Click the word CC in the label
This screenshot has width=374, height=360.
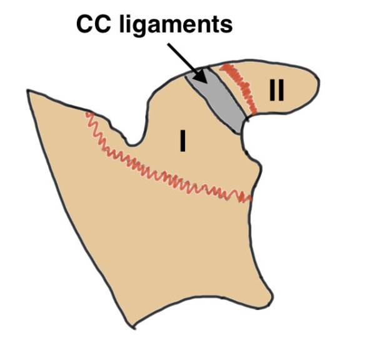tap(94, 24)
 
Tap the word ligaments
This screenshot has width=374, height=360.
tap(176, 26)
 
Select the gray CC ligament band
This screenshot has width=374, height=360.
tap(216, 100)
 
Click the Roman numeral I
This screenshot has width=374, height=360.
tap(183, 141)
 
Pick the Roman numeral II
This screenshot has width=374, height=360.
tap(276, 90)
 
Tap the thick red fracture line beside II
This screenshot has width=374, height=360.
tap(238, 88)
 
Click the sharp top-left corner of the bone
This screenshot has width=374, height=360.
tap(28, 91)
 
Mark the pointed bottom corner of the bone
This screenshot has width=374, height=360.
tap(134, 328)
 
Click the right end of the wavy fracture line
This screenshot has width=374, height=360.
tap(250, 198)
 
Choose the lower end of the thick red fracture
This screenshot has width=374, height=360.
tap(255, 112)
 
